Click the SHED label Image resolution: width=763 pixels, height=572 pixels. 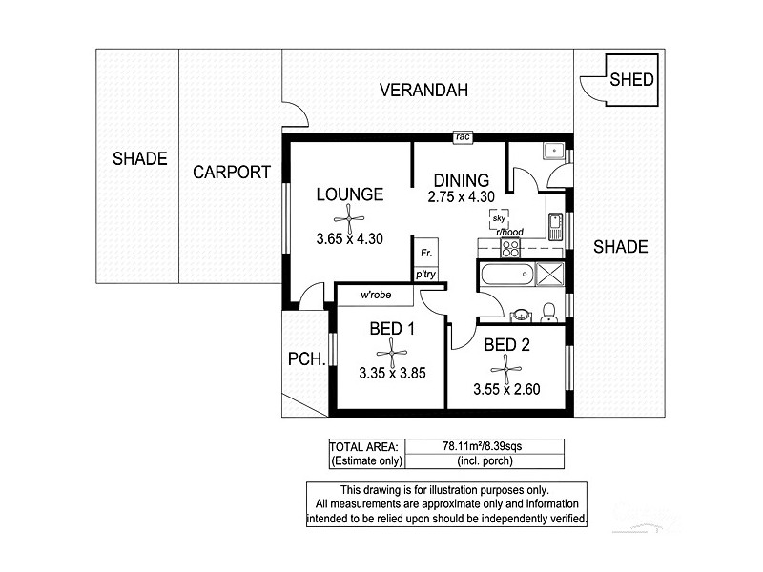pos(631,79)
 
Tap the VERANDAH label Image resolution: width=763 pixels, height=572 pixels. pos(423,92)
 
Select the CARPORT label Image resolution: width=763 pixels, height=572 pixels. pos(232,173)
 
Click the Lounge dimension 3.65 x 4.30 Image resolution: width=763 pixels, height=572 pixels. pos(349,239)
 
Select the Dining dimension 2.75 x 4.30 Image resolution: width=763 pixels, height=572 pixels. pos(462,196)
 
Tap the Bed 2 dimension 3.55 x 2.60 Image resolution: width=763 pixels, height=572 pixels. pos(507,389)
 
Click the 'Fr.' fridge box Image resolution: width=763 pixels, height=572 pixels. pos(425,254)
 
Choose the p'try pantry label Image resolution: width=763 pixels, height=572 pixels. pos(425,275)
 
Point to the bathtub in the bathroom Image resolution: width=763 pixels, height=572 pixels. pos(505,276)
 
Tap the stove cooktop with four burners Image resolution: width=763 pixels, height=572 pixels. pos(510,248)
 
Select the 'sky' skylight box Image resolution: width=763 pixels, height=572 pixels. pos(498,218)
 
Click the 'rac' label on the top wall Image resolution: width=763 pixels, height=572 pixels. pos(463,137)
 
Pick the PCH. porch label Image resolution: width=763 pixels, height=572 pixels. pos(307,360)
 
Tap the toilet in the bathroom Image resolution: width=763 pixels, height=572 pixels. pos(548,311)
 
